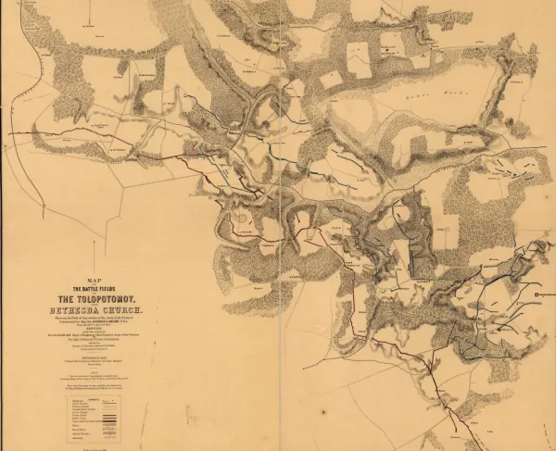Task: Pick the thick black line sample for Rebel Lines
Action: point(112,422)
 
